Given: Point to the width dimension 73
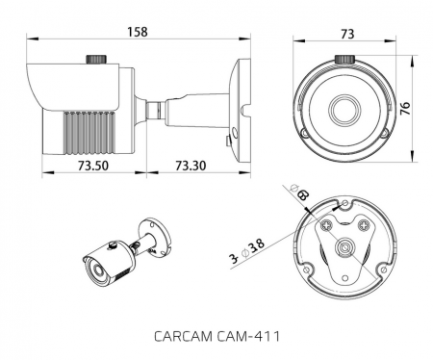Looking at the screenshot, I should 345,34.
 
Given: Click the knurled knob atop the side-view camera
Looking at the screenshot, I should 97,61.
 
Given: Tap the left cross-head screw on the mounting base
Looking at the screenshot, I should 328,225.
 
